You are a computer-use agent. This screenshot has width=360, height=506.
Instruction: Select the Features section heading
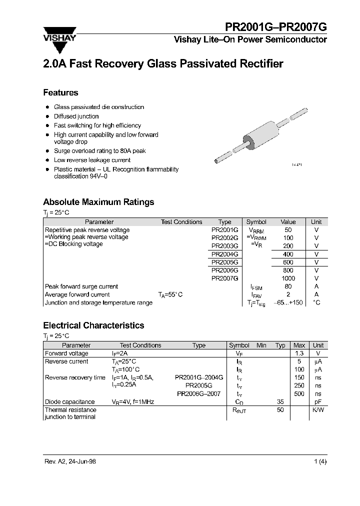point(60,92)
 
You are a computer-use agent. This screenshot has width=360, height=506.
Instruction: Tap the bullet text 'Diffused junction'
point(76,116)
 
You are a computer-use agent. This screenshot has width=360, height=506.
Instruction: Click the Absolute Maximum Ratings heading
point(98,202)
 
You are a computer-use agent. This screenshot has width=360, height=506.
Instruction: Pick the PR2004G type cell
point(224,254)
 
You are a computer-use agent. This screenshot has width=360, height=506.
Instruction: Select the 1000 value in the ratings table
point(288,278)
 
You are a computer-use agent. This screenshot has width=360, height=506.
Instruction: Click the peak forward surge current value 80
point(288,286)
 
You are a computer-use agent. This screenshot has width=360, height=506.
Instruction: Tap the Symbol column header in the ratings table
point(256,221)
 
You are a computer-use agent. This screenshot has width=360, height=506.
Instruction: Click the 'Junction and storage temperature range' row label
point(98,302)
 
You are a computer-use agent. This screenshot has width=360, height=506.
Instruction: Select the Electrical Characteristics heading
point(93,325)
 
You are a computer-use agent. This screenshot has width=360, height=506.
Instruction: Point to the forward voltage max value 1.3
point(299,353)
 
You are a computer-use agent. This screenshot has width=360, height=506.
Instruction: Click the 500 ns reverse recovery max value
point(299,393)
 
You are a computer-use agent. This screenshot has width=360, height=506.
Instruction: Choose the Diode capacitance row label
point(69,401)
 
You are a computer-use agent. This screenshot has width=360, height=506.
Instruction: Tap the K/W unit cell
point(318,409)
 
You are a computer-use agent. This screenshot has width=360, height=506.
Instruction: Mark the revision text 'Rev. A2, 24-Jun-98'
point(70,461)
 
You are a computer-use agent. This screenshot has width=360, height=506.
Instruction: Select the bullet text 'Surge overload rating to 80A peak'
point(100,150)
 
